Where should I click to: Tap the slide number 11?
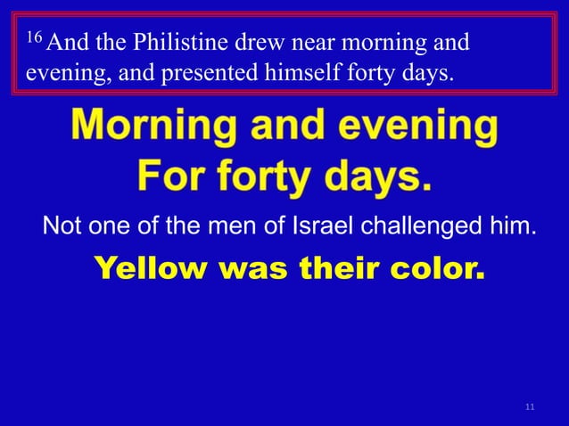[531, 407]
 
